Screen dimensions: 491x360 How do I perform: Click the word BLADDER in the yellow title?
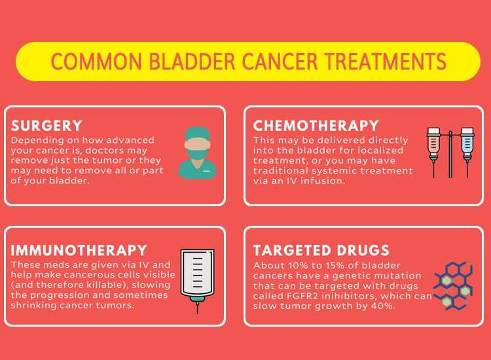(192, 62)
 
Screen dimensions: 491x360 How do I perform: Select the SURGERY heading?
(46, 126)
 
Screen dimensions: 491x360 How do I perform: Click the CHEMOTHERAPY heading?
(316, 126)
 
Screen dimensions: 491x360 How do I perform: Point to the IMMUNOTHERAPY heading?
(79, 250)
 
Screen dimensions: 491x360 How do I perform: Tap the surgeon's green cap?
(197, 134)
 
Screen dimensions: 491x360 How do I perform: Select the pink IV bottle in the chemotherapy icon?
(433, 144)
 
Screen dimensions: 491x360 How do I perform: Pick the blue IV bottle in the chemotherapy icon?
(467, 144)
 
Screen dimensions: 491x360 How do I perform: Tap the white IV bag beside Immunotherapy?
(198, 273)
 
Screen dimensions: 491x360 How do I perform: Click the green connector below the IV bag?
(198, 300)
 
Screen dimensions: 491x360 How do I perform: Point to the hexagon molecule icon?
(453, 285)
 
